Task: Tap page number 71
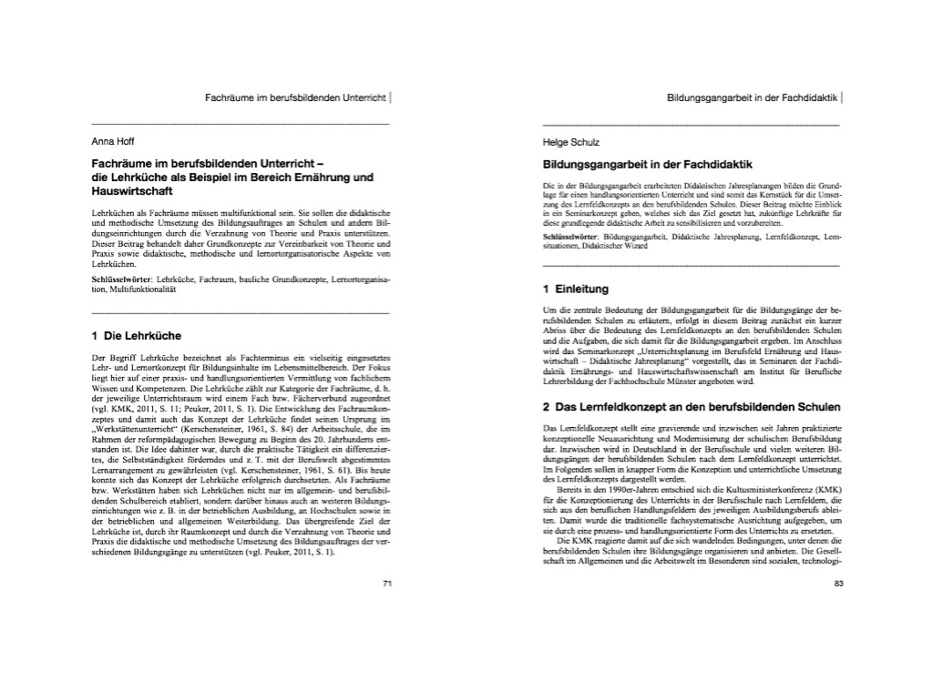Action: (386, 581)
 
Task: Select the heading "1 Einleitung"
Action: (575, 290)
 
